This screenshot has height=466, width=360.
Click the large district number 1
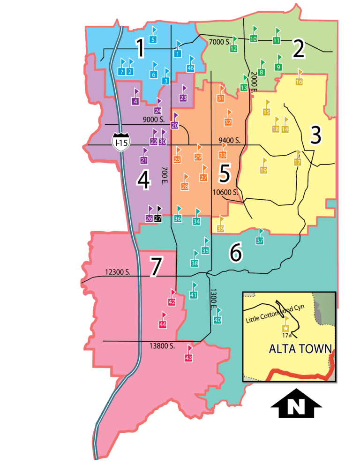point(140,48)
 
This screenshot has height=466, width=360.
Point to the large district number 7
point(156,267)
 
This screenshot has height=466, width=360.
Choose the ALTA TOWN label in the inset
point(300,349)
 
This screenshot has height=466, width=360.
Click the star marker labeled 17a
point(284,329)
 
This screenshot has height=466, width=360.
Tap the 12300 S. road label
point(118,271)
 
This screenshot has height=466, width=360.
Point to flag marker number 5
point(153,40)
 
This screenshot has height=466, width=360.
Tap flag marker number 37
point(260,241)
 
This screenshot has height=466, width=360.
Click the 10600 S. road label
point(225,192)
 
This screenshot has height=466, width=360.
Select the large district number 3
point(316,135)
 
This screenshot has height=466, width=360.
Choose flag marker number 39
point(221,228)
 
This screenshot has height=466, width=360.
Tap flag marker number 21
point(144,160)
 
